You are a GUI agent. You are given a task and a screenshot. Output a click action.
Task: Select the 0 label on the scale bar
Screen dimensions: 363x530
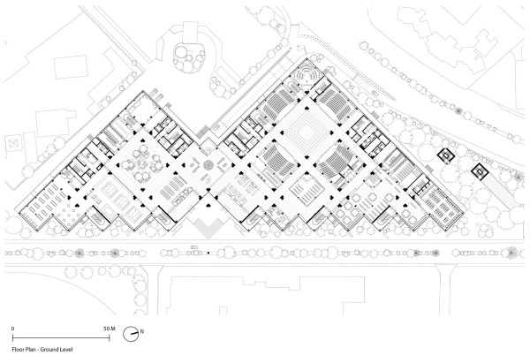[12, 328]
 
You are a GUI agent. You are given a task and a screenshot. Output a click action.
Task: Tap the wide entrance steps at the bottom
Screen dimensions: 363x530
[207, 225]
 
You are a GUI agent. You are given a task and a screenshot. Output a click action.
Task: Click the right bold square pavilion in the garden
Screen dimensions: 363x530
[479, 171]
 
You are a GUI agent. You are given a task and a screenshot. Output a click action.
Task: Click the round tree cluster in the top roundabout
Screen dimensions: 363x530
[187, 58]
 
